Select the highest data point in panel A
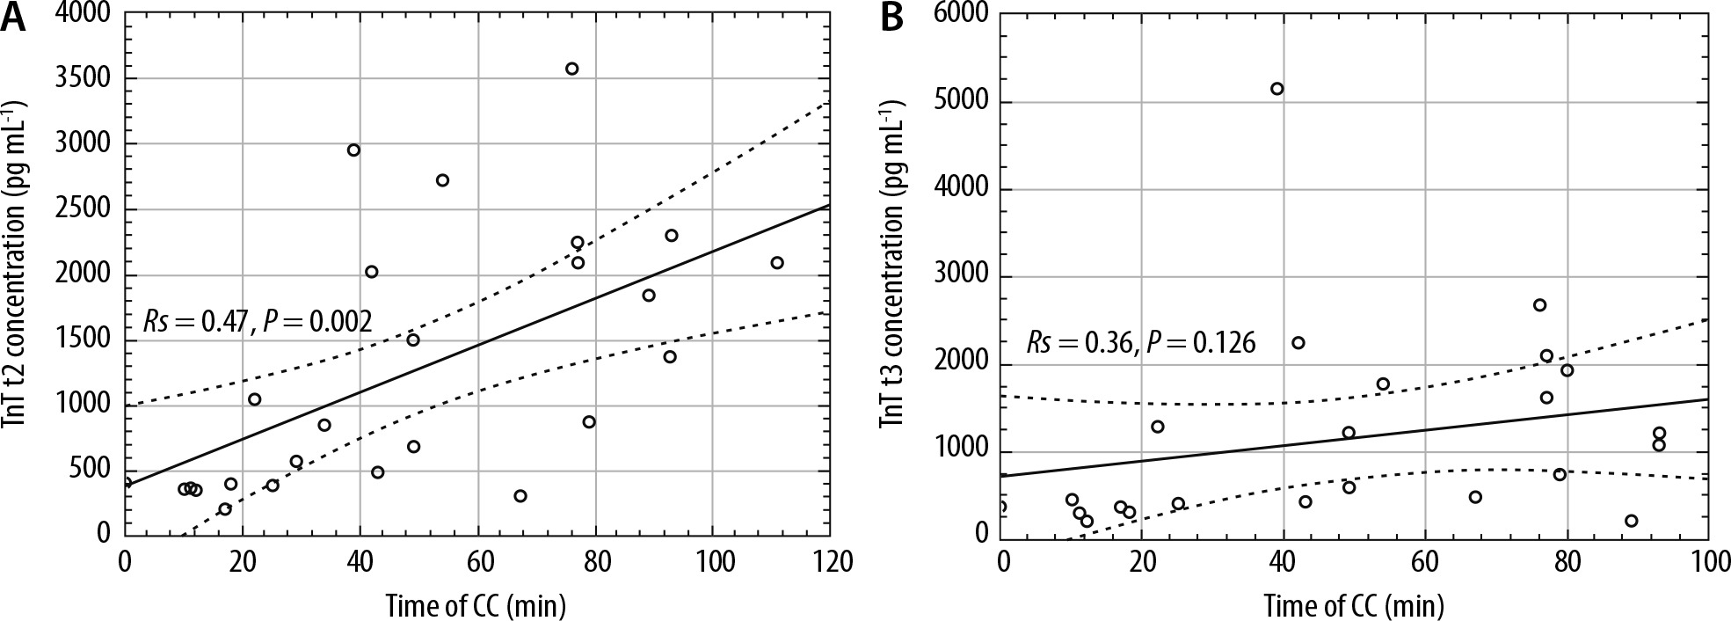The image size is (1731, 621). (x=571, y=69)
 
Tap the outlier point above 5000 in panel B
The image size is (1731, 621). (x=1277, y=88)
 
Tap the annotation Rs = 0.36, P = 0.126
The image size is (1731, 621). (x=1140, y=343)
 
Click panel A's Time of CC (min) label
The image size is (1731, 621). (x=475, y=605)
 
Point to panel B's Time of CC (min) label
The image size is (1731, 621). (x=1354, y=605)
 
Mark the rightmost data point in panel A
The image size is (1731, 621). (x=777, y=262)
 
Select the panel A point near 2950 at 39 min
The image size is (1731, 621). (x=353, y=150)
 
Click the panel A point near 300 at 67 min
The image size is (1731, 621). (x=520, y=495)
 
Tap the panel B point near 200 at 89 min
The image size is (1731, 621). (x=1632, y=521)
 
